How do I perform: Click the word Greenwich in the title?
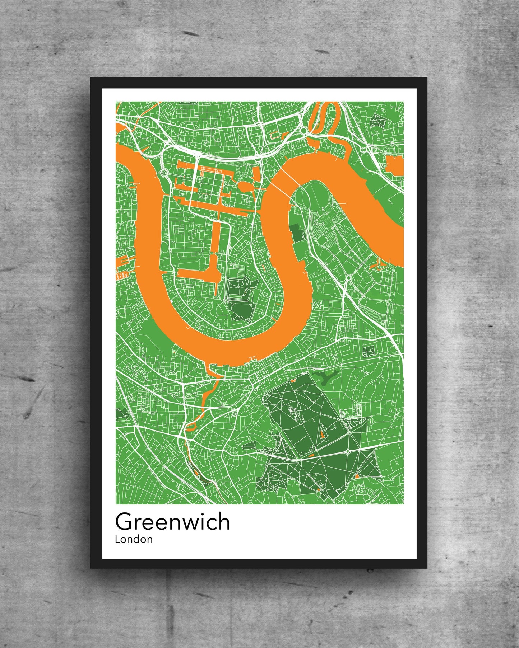[172, 522]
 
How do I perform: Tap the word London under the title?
[134, 539]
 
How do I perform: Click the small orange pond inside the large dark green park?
[322, 435]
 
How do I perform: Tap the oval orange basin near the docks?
[245, 186]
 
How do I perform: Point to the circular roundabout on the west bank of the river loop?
[165, 173]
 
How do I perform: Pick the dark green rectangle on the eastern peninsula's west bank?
[298, 232]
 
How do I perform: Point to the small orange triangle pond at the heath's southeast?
[357, 476]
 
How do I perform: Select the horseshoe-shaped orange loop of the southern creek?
[190, 426]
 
